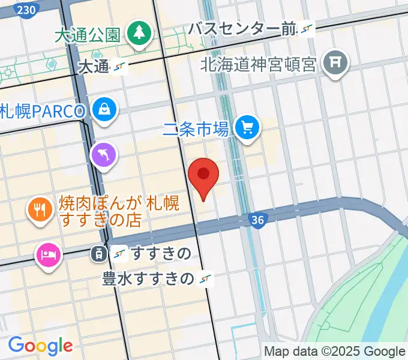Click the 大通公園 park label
(88, 35)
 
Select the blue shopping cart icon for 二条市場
(246, 127)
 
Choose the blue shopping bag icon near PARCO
(105, 109)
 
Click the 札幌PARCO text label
(43, 111)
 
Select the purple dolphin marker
(104, 155)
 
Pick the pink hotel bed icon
(47, 255)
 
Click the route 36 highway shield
(257, 221)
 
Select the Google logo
(40, 346)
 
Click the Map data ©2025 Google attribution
(335, 352)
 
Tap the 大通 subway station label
(94, 67)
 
